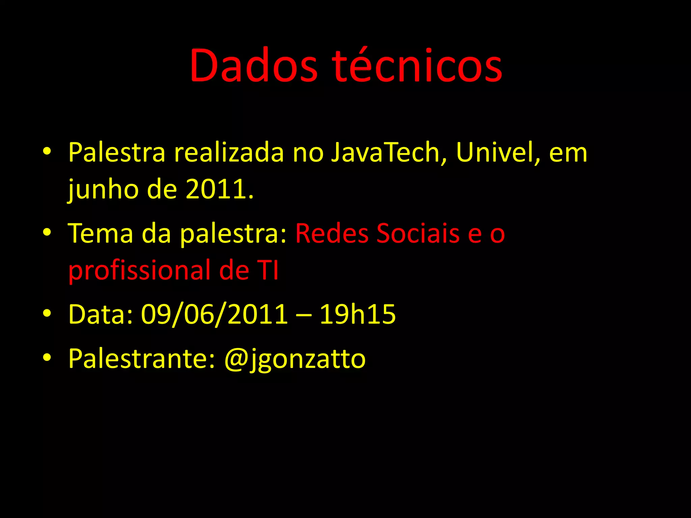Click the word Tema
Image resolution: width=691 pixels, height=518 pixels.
[101, 233]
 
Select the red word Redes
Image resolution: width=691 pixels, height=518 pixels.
[332, 233]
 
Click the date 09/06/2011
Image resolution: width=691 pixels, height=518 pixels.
[215, 314]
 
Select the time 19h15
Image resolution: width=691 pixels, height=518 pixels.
[357, 314]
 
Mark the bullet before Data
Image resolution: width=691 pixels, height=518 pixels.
[47, 313]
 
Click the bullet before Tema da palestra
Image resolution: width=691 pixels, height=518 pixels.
[47, 232]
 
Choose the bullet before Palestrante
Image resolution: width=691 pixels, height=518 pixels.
[47, 357]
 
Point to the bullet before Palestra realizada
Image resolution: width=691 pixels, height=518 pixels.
[47, 151]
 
